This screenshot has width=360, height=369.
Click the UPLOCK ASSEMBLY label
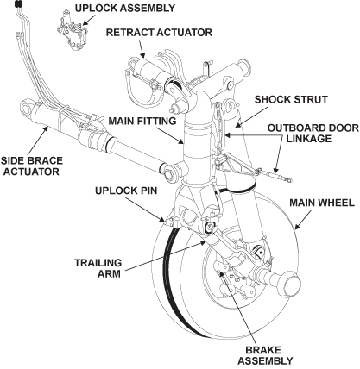pos(125,8)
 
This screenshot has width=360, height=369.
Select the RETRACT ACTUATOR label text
pos(159,33)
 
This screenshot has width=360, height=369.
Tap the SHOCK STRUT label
pos(291,99)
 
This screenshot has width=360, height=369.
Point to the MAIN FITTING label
pos(142,121)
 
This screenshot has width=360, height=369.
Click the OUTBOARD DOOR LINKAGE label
pos(313,134)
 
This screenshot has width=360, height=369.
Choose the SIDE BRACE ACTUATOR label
pos(31,166)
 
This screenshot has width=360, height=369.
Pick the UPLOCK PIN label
pos(126,191)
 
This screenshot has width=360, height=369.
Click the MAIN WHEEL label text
pos(322,203)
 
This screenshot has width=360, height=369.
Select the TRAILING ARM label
pos(98,268)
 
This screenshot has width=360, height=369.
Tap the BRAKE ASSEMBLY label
pos(265,355)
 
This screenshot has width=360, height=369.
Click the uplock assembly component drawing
pos(73,32)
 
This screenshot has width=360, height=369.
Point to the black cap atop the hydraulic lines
pos(18,4)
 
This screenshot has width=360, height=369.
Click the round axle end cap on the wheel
pos(291,283)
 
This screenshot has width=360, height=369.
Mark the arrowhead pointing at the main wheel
pos(297,226)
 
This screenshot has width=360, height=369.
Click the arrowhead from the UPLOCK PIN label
pos(163,220)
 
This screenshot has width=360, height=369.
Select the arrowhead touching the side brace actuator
pos(45,129)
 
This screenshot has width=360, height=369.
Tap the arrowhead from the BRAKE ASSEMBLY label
pos(221,273)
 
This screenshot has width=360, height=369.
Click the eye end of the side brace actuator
pos(27,109)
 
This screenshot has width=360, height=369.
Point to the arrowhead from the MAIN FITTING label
pos(180,141)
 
